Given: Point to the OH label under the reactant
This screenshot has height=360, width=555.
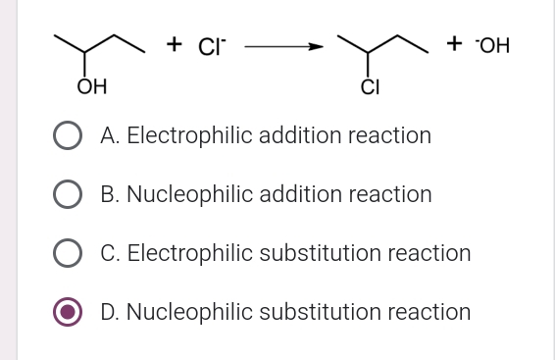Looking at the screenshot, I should coord(92,90).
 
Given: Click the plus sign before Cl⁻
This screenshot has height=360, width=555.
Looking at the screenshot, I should coord(175,44).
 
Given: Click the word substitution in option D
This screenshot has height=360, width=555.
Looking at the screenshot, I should coord(324,312).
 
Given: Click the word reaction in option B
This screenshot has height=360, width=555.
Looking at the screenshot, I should coord(392,194).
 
